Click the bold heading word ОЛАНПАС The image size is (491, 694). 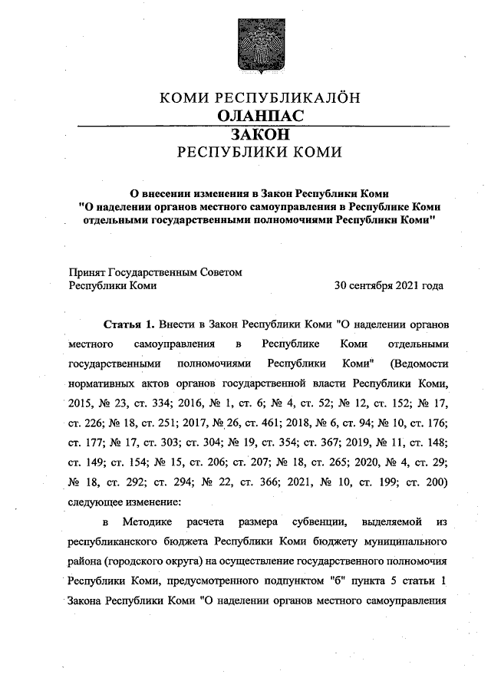pos(260,116)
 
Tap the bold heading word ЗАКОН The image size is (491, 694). pos(259,133)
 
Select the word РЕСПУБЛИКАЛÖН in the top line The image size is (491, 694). pos(291,97)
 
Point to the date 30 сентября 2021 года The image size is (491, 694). pos(388,285)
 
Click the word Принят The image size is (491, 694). pos(87,271)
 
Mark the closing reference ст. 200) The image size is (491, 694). pos(433,483)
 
